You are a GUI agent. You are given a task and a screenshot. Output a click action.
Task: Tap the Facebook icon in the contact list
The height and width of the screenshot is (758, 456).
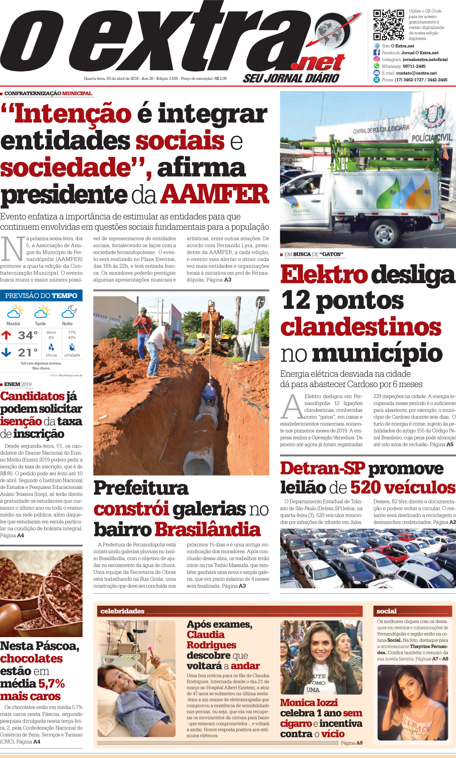[x=377, y=53]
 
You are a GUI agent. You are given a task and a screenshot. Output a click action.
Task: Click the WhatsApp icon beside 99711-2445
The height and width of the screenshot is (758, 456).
[x=377, y=66]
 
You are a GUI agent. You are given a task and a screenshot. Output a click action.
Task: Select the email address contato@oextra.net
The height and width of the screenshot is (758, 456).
[x=416, y=73]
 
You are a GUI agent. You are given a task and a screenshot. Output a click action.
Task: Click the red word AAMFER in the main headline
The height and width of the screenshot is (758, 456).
[x=215, y=194]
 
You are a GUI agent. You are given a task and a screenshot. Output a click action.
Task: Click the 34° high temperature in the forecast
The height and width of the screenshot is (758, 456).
[x=28, y=335]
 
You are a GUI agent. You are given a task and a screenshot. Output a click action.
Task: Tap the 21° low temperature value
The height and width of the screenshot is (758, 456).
[x=28, y=353]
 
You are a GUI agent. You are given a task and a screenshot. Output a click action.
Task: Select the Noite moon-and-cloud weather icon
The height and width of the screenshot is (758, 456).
[x=69, y=311]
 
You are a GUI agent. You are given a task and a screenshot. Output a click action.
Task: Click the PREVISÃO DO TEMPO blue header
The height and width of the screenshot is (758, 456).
[x=41, y=296]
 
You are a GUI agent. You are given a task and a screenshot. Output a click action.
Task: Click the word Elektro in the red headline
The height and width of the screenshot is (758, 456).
[x=324, y=274]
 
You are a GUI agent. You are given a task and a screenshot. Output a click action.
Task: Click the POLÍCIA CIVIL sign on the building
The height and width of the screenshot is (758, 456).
[x=432, y=137]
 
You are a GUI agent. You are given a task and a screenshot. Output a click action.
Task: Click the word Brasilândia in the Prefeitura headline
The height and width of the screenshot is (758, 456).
[x=208, y=529]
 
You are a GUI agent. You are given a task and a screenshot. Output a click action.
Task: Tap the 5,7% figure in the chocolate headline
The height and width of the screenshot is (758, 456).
[x=52, y=683]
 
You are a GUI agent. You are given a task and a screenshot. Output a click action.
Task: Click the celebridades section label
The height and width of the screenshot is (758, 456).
[x=122, y=611]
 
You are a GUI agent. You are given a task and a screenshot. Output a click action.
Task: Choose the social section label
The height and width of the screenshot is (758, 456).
[x=386, y=611]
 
